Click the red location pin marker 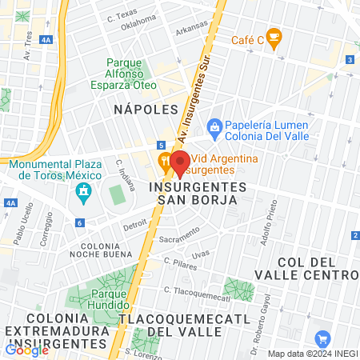180,162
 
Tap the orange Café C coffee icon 274,37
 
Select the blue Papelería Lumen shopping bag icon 214,126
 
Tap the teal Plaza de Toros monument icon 82,192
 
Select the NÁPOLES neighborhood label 145,108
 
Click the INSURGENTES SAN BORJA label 193,192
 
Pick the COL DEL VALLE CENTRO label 317,270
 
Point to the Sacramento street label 178,234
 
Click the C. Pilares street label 178,262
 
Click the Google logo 26,349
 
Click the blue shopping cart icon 323,338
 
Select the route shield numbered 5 162,145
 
